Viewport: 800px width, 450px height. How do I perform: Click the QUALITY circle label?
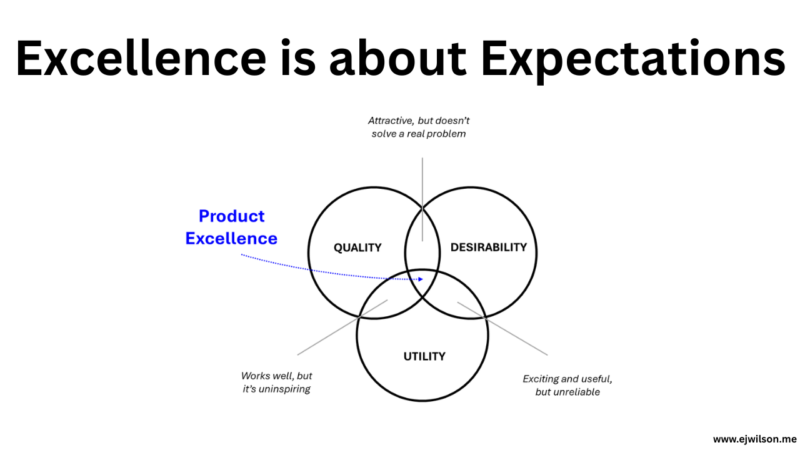[x=357, y=247]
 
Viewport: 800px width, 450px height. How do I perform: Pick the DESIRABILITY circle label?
[x=489, y=247]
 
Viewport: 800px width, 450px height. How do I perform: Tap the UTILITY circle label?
[x=424, y=356]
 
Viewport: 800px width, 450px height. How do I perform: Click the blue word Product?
[x=231, y=216]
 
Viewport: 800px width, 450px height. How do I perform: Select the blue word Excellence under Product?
[x=231, y=238]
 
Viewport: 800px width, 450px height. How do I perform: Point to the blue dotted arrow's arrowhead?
[x=421, y=279]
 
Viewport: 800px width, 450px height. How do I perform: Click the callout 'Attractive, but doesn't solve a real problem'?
[x=419, y=127]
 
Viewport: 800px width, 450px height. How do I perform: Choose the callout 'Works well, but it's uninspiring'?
[x=277, y=382]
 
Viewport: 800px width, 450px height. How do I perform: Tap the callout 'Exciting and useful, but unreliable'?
[x=567, y=385]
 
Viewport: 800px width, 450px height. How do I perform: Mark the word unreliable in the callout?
[x=576, y=392]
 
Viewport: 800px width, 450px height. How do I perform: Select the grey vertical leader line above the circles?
[x=422, y=187]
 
